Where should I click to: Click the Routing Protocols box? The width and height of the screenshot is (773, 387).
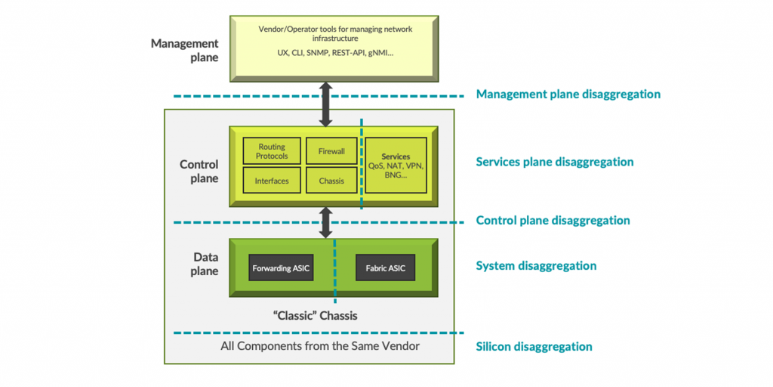(272, 151)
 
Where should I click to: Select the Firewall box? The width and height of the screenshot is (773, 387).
(331, 151)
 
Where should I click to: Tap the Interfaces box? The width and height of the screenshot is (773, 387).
(272, 181)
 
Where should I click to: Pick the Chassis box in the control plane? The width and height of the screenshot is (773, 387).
(331, 181)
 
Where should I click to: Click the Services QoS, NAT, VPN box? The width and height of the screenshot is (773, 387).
(396, 166)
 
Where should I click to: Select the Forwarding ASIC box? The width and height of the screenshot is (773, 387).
(281, 268)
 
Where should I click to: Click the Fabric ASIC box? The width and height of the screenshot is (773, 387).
(386, 268)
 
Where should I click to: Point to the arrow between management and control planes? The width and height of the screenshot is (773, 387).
(325, 104)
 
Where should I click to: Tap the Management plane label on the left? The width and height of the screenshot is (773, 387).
(184, 50)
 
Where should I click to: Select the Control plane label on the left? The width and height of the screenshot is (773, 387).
(199, 172)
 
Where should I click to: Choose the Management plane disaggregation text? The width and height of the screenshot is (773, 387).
(568, 94)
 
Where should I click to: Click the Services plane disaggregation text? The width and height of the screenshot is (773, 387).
(554, 162)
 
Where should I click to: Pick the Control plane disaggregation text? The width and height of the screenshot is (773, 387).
(553, 221)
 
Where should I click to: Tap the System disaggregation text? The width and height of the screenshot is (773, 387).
(536, 266)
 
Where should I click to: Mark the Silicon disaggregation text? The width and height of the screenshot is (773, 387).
(534, 346)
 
